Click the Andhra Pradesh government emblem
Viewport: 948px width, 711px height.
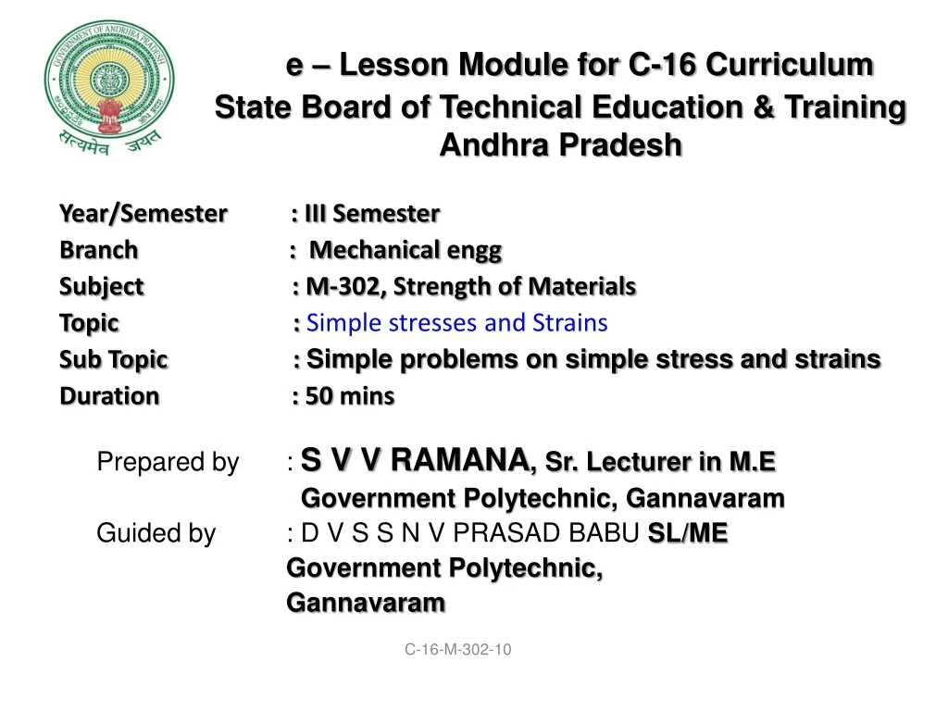tap(109, 88)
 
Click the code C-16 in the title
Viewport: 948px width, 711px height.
tap(662, 64)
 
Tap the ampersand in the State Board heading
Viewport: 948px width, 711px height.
tap(764, 107)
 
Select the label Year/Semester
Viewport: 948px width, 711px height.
tap(143, 214)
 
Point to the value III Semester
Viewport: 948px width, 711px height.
tap(372, 214)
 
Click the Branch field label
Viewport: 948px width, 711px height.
tap(98, 250)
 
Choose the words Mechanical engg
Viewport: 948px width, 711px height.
tap(405, 250)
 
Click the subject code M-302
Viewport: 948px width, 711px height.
tap(343, 286)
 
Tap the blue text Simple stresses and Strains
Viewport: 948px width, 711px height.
tap(457, 323)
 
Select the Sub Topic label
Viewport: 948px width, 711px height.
tap(114, 359)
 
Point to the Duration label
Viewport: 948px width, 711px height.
tap(109, 396)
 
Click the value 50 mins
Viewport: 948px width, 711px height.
tap(349, 396)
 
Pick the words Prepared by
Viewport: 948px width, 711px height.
tap(168, 462)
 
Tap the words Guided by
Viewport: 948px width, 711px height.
tap(156, 533)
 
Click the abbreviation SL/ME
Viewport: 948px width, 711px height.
tap(688, 533)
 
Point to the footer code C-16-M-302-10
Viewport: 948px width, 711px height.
tap(457, 649)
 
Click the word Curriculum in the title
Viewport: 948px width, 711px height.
tap(789, 64)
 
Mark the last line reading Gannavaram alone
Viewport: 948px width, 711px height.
tap(366, 603)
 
